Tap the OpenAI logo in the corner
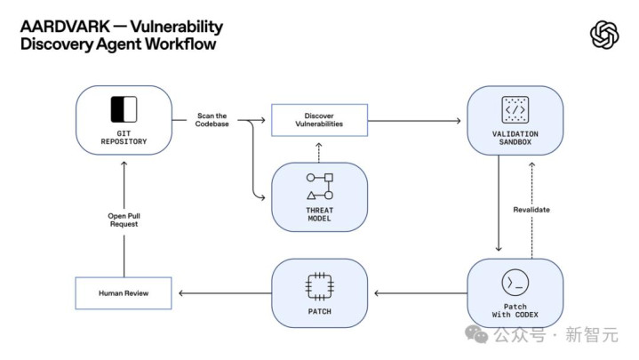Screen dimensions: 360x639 (x=604, y=35)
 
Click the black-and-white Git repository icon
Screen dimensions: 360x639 (x=124, y=108)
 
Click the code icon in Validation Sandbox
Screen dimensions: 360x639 (x=515, y=109)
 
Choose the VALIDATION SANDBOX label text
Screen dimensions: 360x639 (x=515, y=139)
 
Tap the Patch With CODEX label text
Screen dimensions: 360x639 (x=515, y=312)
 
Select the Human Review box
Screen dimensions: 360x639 (x=124, y=293)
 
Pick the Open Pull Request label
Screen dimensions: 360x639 (x=124, y=220)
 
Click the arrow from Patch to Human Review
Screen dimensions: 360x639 (x=222, y=293)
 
